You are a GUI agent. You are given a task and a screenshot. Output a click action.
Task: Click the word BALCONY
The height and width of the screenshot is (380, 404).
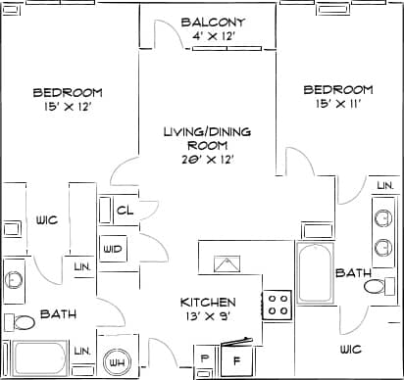coord(213,22)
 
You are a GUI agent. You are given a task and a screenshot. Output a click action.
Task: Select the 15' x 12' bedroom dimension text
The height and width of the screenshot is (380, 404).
coord(68,107)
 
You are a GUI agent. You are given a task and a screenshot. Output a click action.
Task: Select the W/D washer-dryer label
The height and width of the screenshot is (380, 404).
coord(113,249)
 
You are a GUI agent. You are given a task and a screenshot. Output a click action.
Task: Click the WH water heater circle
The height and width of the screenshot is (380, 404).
coord(118,361)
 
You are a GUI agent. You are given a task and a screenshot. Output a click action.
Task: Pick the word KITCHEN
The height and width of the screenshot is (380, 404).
coord(208,302)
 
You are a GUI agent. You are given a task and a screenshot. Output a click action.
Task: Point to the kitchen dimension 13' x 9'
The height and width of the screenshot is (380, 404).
coord(208,316)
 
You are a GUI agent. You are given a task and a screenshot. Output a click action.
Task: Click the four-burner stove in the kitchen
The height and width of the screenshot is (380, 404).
coord(278,304)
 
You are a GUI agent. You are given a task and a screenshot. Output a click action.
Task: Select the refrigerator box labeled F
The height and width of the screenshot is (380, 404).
coord(235,359)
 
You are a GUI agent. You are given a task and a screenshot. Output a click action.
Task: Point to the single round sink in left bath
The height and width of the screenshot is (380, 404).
coord(15,279)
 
